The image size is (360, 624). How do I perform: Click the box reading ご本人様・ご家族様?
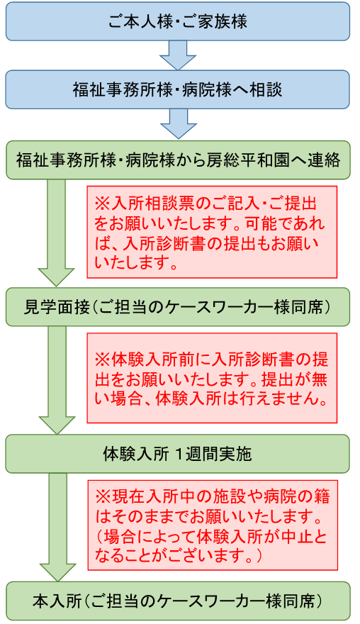point(178,21)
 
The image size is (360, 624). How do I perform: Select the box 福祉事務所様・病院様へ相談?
point(178,89)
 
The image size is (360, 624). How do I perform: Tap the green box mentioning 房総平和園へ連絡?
point(178,160)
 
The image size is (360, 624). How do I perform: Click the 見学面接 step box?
point(178,307)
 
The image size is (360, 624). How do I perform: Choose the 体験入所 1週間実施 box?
point(178,454)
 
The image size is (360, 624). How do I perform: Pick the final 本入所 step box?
point(178,601)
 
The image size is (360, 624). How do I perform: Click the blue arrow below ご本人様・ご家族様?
point(178,55)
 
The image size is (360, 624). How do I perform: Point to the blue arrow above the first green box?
point(178,124)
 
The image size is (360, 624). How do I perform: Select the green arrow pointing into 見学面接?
point(56,233)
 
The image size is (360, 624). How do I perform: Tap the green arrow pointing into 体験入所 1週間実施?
point(57,380)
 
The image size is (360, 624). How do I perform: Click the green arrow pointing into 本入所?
point(57,528)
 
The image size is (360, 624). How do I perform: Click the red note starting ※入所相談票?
point(212,232)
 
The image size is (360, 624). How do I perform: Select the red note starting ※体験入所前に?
point(212,378)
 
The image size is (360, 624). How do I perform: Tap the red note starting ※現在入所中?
point(213,525)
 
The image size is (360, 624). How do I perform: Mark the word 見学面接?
point(57,308)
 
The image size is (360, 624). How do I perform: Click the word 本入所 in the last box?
point(57,601)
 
